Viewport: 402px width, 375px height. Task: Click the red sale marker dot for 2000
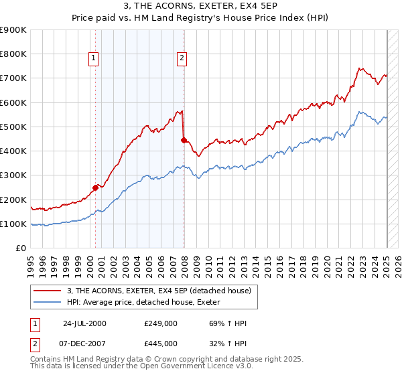click(95, 187)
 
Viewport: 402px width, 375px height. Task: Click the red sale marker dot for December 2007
click(184, 140)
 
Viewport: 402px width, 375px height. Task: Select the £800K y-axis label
click(13, 54)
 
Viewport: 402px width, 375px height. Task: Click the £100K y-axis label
click(13, 224)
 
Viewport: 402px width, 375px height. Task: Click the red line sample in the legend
click(46, 291)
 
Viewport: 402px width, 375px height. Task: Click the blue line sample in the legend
click(46, 303)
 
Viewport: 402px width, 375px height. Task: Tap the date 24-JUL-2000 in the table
click(85, 324)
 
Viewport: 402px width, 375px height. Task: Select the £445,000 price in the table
click(160, 343)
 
